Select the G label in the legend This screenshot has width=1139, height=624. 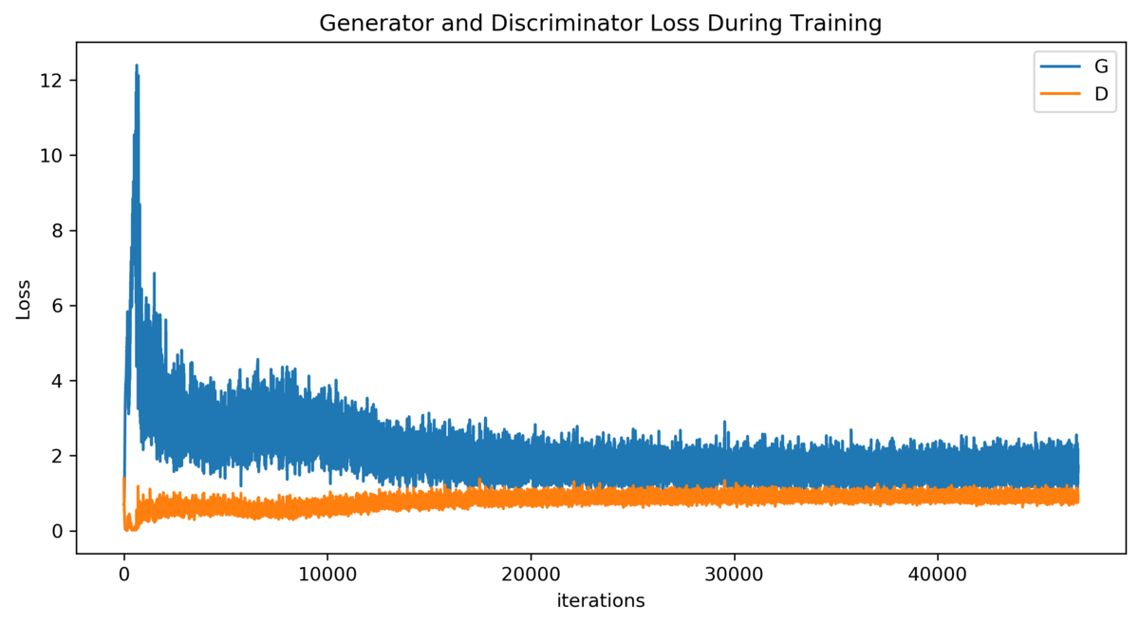[x=1101, y=67]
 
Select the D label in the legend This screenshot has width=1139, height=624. [x=1101, y=93]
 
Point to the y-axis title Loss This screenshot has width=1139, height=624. [x=24, y=298]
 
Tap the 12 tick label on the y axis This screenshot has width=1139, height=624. [x=53, y=80]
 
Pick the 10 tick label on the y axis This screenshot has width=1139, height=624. [x=53, y=155]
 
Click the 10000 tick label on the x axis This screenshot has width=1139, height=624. [x=327, y=575]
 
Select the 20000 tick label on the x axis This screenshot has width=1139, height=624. [x=531, y=575]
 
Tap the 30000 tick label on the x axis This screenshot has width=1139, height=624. [x=734, y=575]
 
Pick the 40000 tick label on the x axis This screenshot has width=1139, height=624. [x=938, y=575]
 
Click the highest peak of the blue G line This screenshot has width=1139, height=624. [x=137, y=66]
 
